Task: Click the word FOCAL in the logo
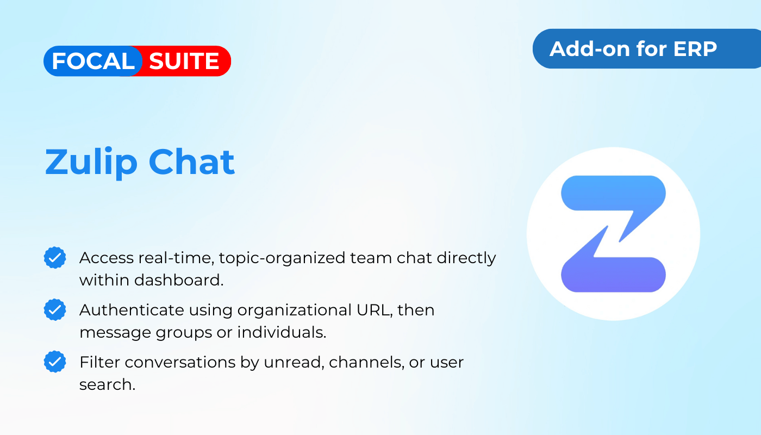point(93,61)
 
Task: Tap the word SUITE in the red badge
point(184,61)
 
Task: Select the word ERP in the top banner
point(695,49)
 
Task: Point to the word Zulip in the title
point(91,163)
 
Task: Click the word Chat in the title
point(191,162)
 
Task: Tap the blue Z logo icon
point(613,234)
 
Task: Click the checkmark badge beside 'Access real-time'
point(55,258)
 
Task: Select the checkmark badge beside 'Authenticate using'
point(55,309)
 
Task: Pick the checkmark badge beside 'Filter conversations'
point(55,362)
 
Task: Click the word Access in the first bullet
point(107,258)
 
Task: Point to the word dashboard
point(179,281)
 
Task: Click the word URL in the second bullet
point(375,310)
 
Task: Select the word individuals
point(282,332)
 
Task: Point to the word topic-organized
point(282,258)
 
